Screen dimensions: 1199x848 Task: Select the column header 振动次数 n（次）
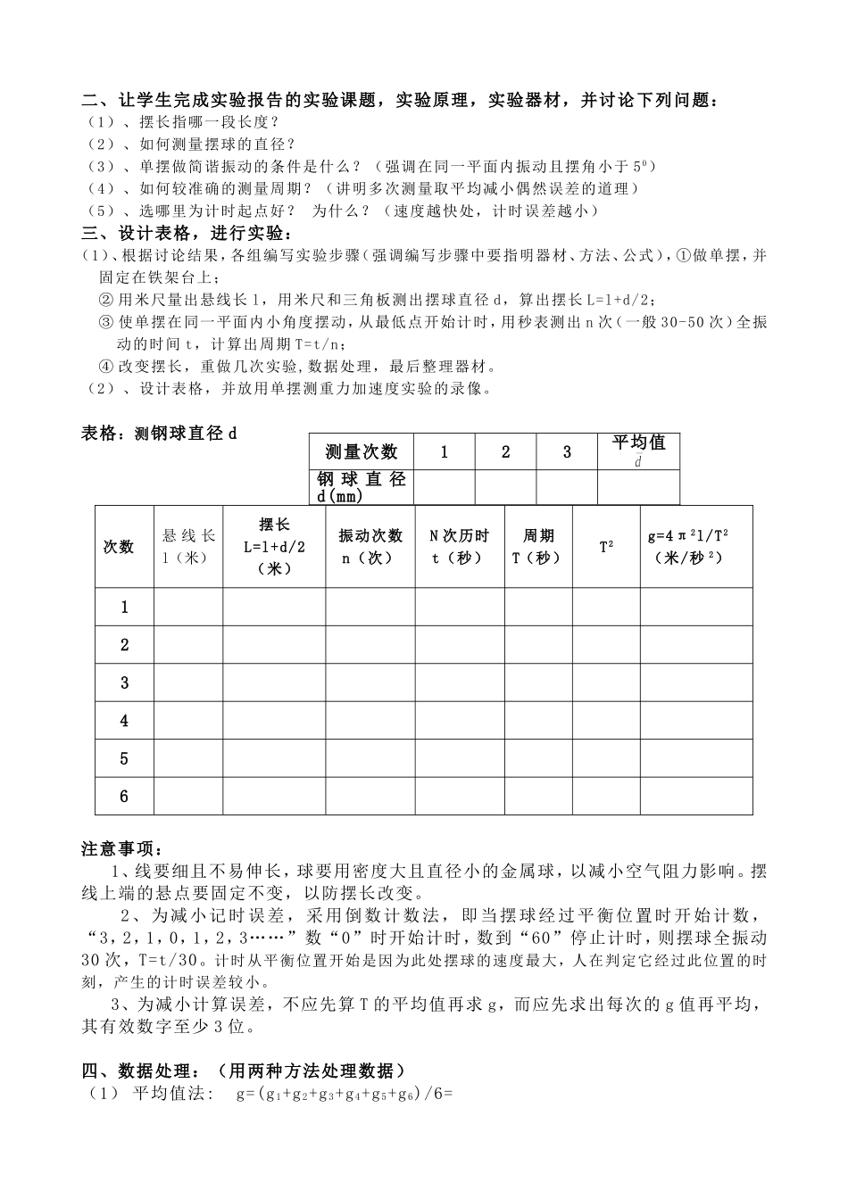coord(370,546)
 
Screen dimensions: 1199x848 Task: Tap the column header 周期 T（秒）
coord(537,546)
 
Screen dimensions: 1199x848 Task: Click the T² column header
coord(606,546)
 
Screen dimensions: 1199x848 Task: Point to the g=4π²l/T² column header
coord(695,546)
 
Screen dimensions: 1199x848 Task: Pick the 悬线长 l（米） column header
coord(188,546)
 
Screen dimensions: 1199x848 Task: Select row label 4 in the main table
coord(124,721)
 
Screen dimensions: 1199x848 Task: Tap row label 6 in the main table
coord(124,797)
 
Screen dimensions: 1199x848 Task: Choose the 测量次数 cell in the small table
coord(361,451)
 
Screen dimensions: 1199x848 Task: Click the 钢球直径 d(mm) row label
coord(361,487)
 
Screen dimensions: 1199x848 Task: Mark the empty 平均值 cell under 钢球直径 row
coord(638,487)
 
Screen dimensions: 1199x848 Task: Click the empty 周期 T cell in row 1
coord(537,607)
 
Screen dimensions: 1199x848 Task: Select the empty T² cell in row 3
coord(606,682)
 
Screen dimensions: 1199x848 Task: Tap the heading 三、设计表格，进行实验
coord(186,234)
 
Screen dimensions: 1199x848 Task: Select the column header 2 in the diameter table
coord(505,451)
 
